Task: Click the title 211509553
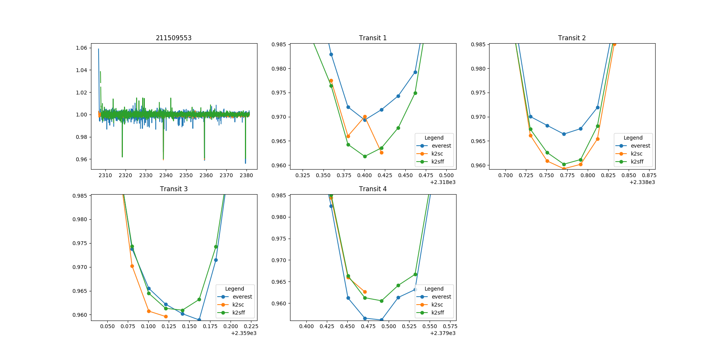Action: pos(174,38)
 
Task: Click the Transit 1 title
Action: pos(373,38)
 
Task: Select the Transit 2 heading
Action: pos(572,38)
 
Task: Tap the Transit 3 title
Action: pos(174,189)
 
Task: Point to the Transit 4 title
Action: pos(373,189)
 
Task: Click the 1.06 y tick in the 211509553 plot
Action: pos(82,48)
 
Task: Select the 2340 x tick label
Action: pos(166,175)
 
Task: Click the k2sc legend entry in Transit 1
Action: pos(437,154)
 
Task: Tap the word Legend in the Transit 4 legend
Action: pos(434,289)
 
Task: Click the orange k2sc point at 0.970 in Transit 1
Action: pos(365,117)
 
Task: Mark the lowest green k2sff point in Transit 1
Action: pos(365,156)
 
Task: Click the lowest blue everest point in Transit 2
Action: pos(564,134)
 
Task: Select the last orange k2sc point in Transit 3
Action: pos(166,316)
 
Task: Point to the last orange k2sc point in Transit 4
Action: pos(365,292)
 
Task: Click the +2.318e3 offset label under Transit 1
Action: pos(442,182)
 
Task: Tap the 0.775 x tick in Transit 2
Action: pos(567,175)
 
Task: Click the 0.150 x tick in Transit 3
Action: pos(189,326)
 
